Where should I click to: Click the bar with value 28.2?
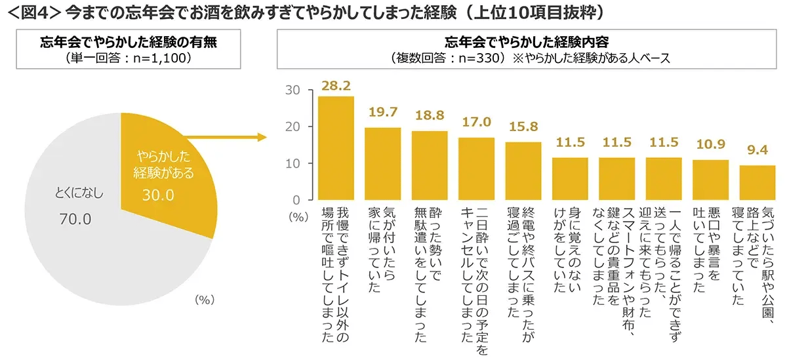(x=336, y=148)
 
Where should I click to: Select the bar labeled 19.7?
(x=382, y=163)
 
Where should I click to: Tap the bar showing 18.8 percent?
(x=430, y=165)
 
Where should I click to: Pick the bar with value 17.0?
(x=476, y=169)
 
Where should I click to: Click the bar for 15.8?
(x=523, y=170)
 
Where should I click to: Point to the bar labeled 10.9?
(x=711, y=180)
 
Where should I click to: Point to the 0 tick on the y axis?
(x=297, y=200)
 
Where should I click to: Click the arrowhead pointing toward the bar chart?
(x=263, y=138)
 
